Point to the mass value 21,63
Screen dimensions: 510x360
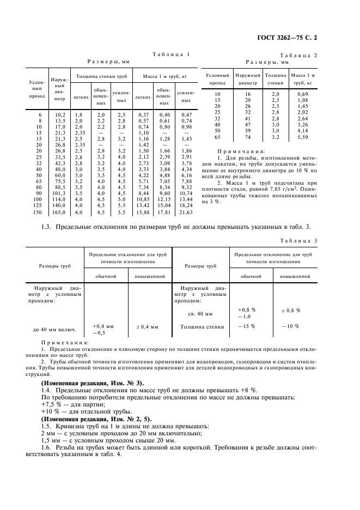187,212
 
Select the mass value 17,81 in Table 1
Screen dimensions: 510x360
165,212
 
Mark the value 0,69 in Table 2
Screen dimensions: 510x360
303,94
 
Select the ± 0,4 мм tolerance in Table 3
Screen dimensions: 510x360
147,327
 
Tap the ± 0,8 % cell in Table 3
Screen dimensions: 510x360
291,310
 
